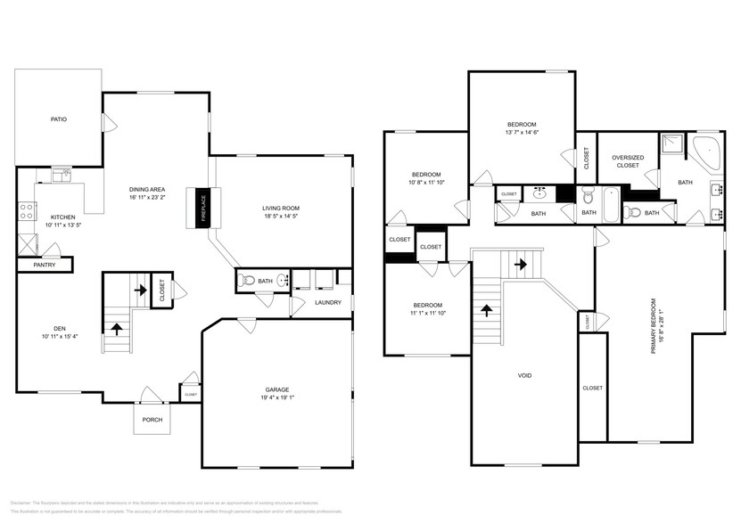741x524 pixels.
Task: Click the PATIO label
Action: pyautogui.click(x=58, y=119)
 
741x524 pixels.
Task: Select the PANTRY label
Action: pyautogui.click(x=45, y=265)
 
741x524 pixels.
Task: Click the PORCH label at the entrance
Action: pyautogui.click(x=152, y=420)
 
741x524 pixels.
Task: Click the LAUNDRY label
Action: pyautogui.click(x=328, y=303)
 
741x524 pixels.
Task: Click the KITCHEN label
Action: pyautogui.click(x=63, y=217)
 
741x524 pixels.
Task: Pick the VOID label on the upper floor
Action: pyautogui.click(x=525, y=375)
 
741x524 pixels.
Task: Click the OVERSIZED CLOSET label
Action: pyautogui.click(x=627, y=161)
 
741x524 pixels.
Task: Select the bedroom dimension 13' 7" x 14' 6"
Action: pyautogui.click(x=522, y=133)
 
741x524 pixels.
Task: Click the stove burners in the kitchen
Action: pyautogui.click(x=27, y=211)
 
